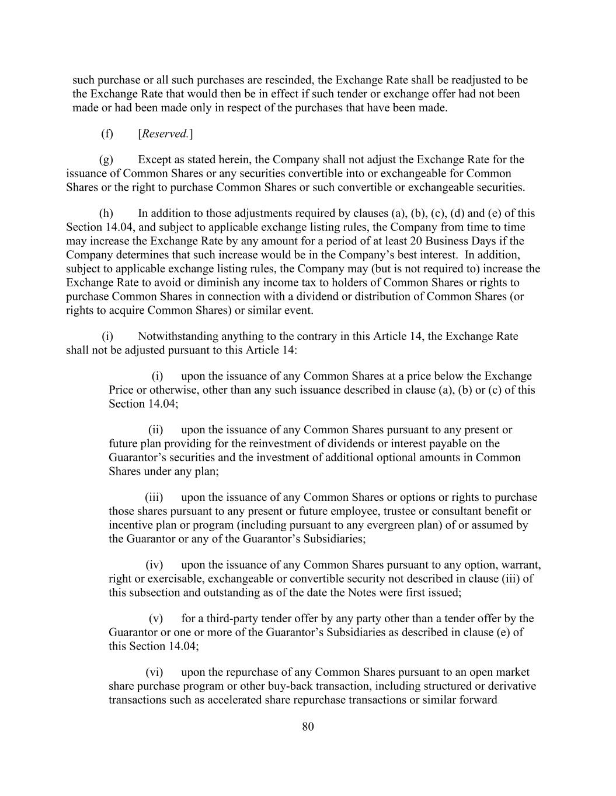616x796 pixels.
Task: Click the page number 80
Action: click(308, 727)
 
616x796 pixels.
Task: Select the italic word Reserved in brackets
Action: click(165, 134)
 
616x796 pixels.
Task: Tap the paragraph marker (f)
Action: click(107, 134)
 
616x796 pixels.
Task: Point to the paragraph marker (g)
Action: click(106, 160)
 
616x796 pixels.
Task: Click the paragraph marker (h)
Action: click(106, 213)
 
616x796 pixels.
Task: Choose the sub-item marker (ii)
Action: click(155, 430)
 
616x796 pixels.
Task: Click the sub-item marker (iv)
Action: click(154, 565)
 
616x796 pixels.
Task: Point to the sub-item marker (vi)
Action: click(154, 672)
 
